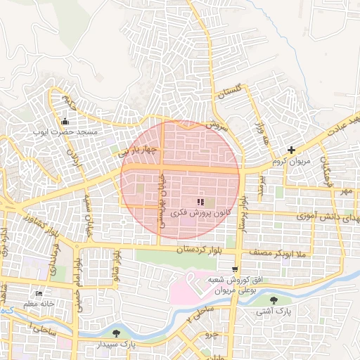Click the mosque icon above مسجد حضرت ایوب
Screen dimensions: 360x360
click(65, 121)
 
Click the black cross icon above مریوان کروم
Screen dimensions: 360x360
click(291, 150)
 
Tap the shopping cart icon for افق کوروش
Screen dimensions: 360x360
click(234, 269)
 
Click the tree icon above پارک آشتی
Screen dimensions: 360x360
click(283, 300)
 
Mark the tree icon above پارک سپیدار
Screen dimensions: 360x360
click(116, 333)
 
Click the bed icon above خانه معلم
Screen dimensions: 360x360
click(38, 293)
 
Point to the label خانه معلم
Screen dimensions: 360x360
click(38, 304)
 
